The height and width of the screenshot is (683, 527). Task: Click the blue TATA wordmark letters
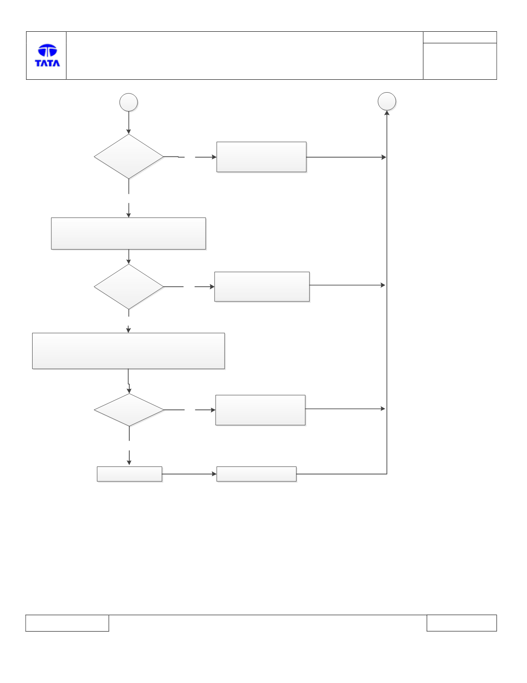pyautogui.click(x=47, y=63)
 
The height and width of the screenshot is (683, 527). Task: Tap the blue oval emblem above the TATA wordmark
pyautogui.click(x=48, y=50)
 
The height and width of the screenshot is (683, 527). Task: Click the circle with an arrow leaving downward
pyautogui.click(x=129, y=102)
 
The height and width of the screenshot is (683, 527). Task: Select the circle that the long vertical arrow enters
pyautogui.click(x=386, y=101)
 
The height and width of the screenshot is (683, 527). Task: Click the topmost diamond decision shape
pyautogui.click(x=129, y=156)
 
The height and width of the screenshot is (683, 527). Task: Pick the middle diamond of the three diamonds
pyautogui.click(x=129, y=287)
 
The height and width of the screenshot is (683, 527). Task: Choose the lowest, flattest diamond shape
pyautogui.click(x=129, y=410)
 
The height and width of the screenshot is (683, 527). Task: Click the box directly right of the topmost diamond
pyautogui.click(x=261, y=157)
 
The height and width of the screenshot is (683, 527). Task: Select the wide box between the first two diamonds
pyautogui.click(x=129, y=234)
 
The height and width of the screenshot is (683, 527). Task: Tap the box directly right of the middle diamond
pyautogui.click(x=262, y=287)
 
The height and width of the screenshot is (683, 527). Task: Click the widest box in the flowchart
pyautogui.click(x=129, y=351)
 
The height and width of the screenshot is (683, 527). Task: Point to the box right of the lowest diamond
pyautogui.click(x=261, y=410)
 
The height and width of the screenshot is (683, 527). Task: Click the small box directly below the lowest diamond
pyautogui.click(x=129, y=474)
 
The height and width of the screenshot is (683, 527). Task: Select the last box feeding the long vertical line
pyautogui.click(x=256, y=474)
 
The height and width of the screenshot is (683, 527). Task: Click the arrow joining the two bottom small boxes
pyautogui.click(x=189, y=474)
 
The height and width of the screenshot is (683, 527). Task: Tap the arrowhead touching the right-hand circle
pyautogui.click(x=386, y=113)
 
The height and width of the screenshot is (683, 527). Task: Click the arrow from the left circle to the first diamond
pyautogui.click(x=129, y=123)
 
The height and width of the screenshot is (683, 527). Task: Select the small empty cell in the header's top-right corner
pyautogui.click(x=460, y=37)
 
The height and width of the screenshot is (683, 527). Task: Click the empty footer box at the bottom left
pyautogui.click(x=67, y=623)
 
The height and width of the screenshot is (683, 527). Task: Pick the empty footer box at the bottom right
pyautogui.click(x=462, y=623)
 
